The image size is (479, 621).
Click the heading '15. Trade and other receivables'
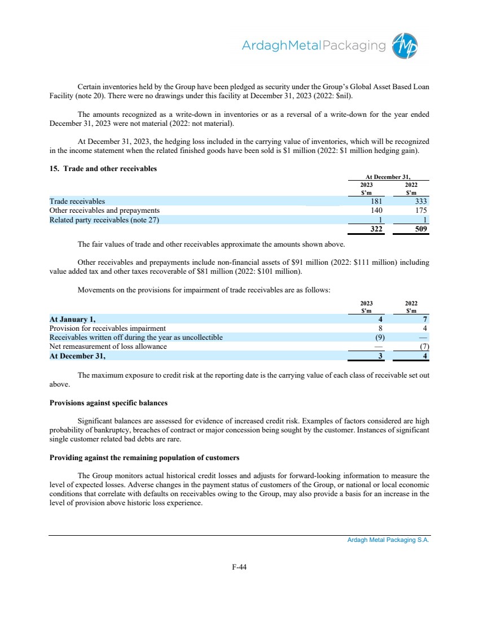pyautogui.click(x=103, y=168)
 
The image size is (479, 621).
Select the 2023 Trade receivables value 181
pyautogui.click(x=377, y=201)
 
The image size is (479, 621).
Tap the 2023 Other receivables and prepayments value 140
pyautogui.click(x=377, y=211)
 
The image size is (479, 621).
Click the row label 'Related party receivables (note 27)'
pyautogui.click(x=104, y=220)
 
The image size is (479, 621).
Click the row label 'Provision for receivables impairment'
pyautogui.click(x=108, y=328)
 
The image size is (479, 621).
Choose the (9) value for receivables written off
pyautogui.click(x=380, y=338)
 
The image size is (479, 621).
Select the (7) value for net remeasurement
pyautogui.click(x=425, y=347)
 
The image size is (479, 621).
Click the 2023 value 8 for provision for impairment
pyautogui.click(x=381, y=328)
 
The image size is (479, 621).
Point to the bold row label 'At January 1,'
pyautogui.click(x=73, y=319)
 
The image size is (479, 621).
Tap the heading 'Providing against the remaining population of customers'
pyautogui.click(x=146, y=458)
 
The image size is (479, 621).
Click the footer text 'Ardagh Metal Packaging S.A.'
pyautogui.click(x=388, y=540)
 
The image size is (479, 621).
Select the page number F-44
pyautogui.click(x=239, y=568)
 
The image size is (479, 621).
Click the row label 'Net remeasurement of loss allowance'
pyautogui.click(x=108, y=347)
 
